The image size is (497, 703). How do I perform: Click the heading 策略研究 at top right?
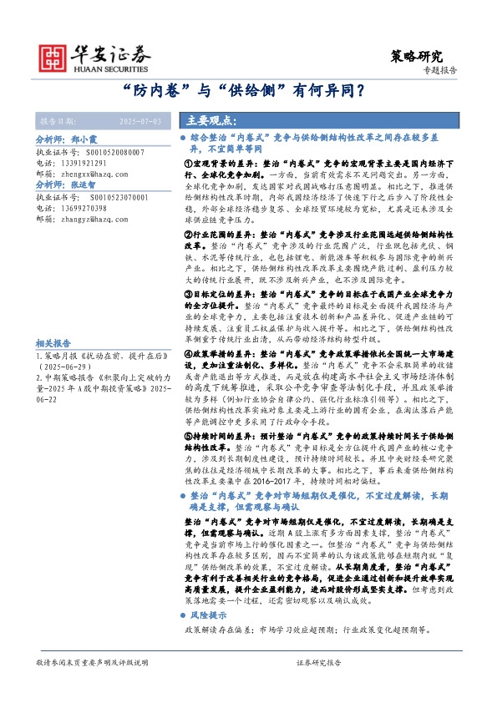pyautogui.click(x=417, y=56)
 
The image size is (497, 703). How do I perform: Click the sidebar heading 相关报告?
pyautogui.click(x=53, y=343)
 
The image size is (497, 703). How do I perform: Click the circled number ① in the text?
pyautogui.click(x=188, y=166)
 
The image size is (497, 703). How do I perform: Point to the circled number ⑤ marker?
pyautogui.click(x=188, y=434)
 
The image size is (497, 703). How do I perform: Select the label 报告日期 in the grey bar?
pyautogui.click(x=55, y=122)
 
